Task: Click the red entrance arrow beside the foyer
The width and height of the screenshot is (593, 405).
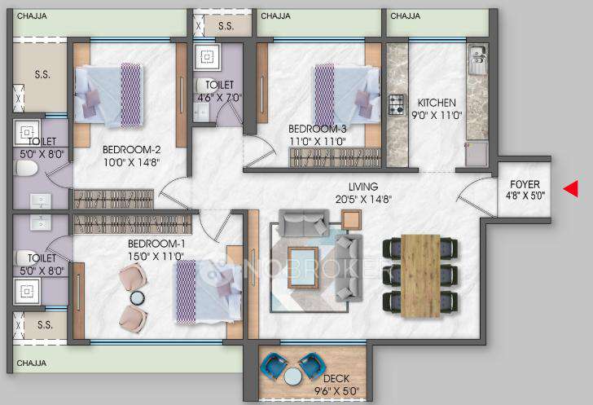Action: tap(571, 189)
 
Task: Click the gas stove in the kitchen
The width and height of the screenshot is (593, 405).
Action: tap(397, 104)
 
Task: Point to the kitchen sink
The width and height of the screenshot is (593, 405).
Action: tap(477, 59)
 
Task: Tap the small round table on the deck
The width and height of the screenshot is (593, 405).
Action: tap(292, 376)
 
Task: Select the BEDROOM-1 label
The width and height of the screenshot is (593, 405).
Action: tap(155, 244)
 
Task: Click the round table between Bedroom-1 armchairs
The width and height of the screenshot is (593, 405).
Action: tap(136, 297)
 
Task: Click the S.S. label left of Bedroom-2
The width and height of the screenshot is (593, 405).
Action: tap(41, 74)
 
